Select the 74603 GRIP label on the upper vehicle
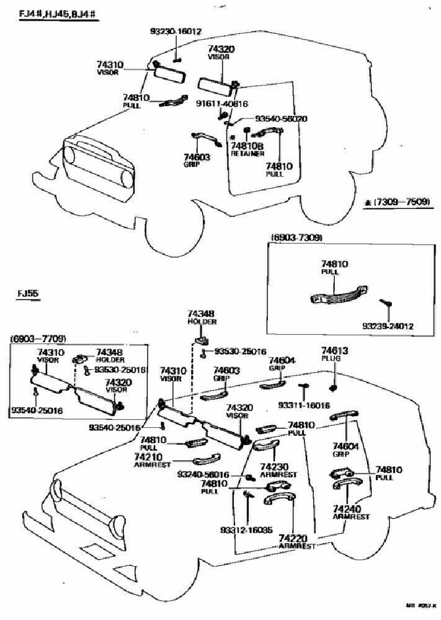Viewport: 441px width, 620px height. pos(197,161)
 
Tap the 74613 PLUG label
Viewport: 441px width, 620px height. pos(336,355)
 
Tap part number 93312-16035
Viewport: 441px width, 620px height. pos(245,529)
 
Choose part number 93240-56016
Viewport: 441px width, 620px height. pos(203,475)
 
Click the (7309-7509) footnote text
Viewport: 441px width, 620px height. pos(397,201)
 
